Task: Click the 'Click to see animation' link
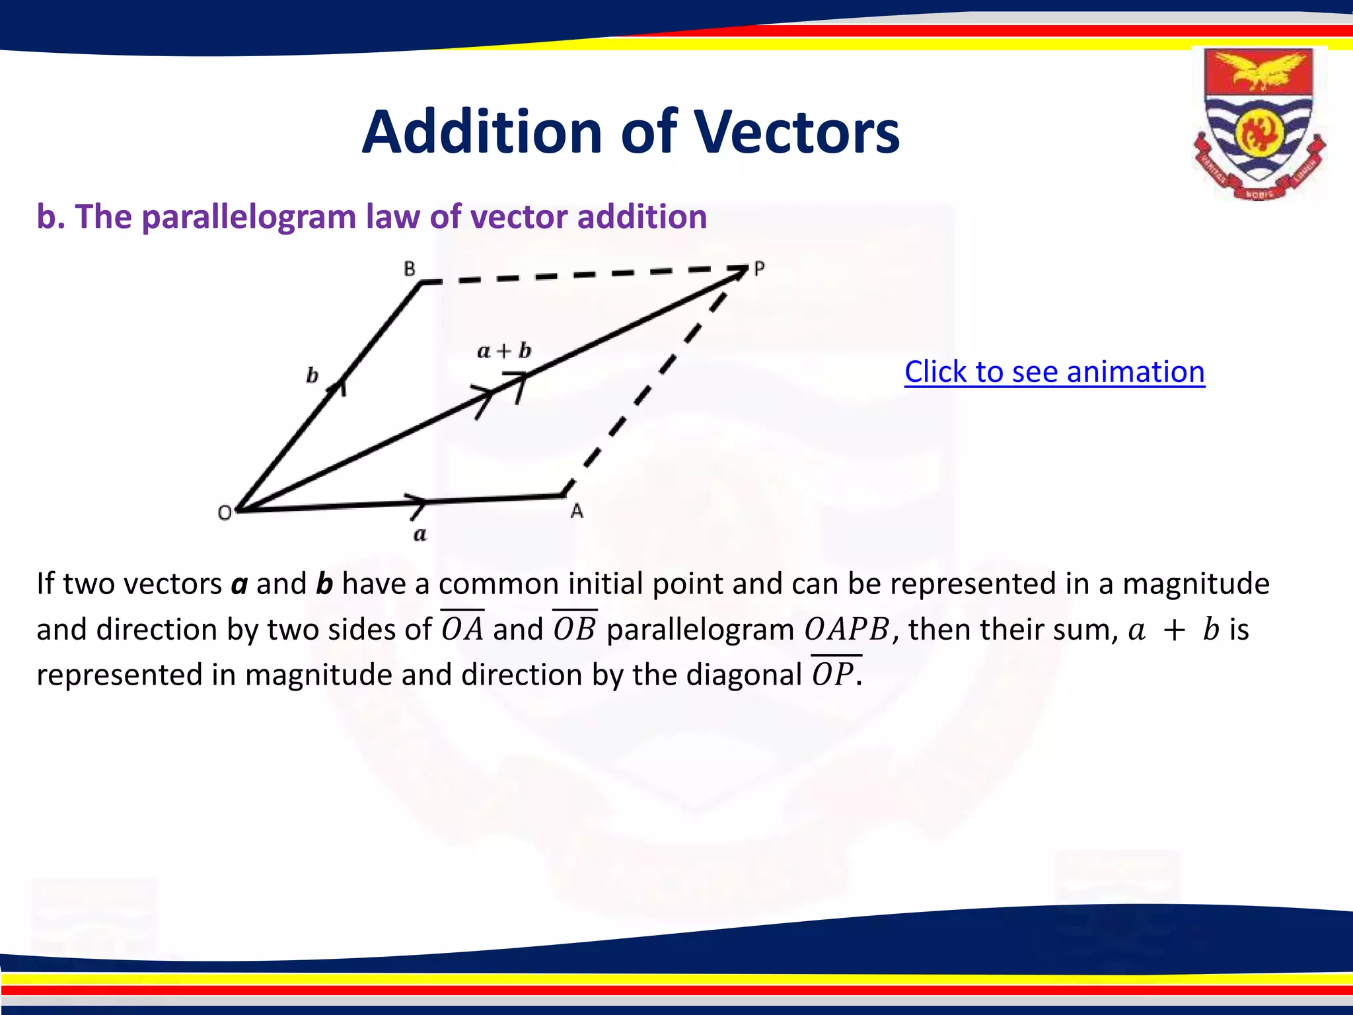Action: (x=1054, y=371)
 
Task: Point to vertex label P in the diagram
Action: (x=759, y=269)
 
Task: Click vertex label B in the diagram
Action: (x=410, y=269)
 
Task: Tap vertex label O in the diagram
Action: (x=225, y=513)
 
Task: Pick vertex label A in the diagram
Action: (x=577, y=511)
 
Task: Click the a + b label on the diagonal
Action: (x=504, y=351)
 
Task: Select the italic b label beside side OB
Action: (x=312, y=376)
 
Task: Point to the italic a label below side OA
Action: (x=420, y=534)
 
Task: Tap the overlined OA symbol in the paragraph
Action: (x=462, y=628)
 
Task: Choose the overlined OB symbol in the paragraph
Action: (x=575, y=628)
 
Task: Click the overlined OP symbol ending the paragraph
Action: (x=834, y=674)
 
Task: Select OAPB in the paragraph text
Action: (x=848, y=629)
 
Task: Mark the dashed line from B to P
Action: (x=581, y=274)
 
